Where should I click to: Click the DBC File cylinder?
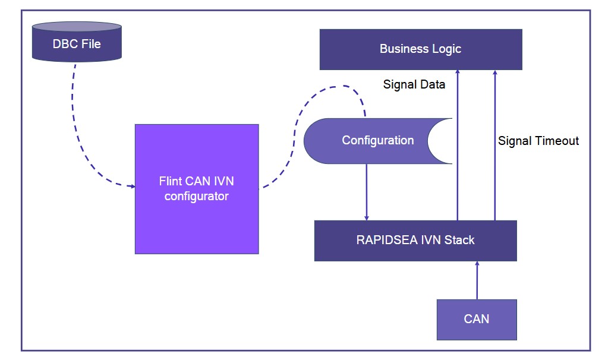[x=76, y=43]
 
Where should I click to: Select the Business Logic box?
[x=420, y=49]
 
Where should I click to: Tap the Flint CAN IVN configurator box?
[x=196, y=189]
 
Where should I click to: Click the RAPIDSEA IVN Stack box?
[x=415, y=241]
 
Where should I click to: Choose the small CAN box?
[x=476, y=319]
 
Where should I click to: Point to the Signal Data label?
[x=414, y=84]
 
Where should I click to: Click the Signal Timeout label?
[x=538, y=141]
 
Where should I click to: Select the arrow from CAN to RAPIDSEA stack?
[x=476, y=280]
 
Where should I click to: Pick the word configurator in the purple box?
[x=196, y=196]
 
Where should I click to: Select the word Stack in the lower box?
[x=460, y=241]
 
